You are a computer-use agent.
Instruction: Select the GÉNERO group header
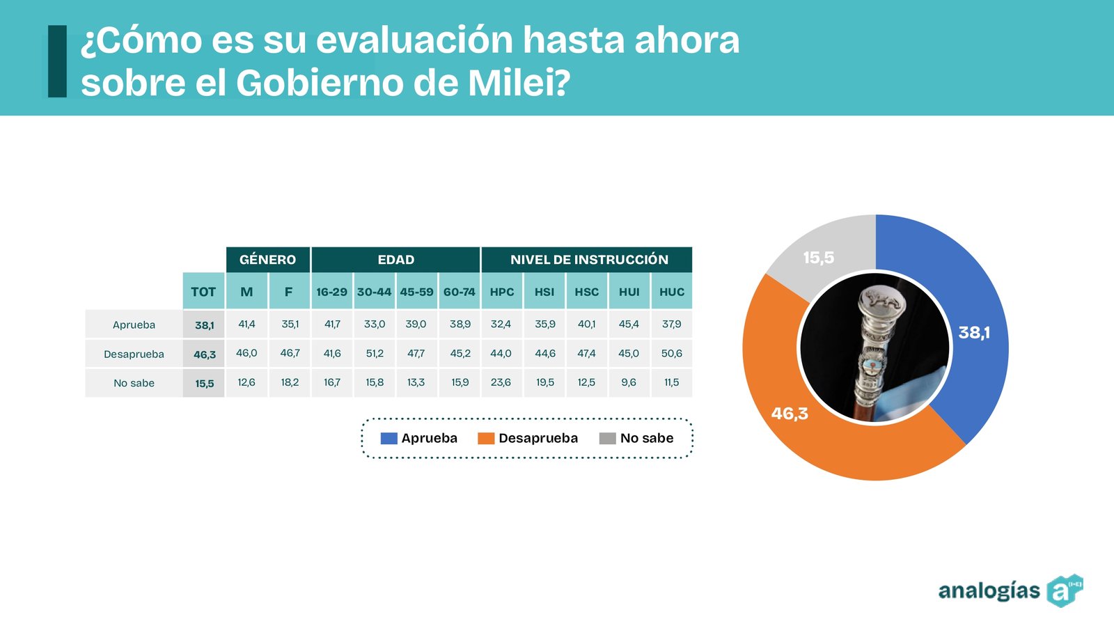(267, 260)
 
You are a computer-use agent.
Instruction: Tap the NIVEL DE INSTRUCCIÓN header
(588, 260)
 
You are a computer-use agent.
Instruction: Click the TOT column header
(203, 292)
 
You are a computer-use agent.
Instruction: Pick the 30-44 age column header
(374, 292)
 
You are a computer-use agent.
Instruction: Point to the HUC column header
(672, 292)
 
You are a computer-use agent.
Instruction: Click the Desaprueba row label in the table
(134, 354)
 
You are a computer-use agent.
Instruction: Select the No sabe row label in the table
(134, 383)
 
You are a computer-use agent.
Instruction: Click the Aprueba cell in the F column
(290, 325)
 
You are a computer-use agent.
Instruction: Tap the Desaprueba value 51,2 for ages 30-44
(375, 354)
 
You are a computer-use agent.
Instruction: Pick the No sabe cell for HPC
(501, 382)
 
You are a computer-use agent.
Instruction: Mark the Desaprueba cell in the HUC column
(672, 354)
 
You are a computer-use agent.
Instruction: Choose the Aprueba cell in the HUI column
(629, 325)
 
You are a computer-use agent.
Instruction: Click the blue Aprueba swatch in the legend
(389, 438)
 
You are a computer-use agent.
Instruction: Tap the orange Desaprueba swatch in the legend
(486, 438)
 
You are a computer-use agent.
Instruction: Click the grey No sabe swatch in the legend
(607, 438)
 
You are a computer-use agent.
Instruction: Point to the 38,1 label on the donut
(974, 333)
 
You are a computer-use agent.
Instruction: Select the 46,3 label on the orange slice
(790, 414)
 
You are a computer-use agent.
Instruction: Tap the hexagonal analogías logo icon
(1064, 591)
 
